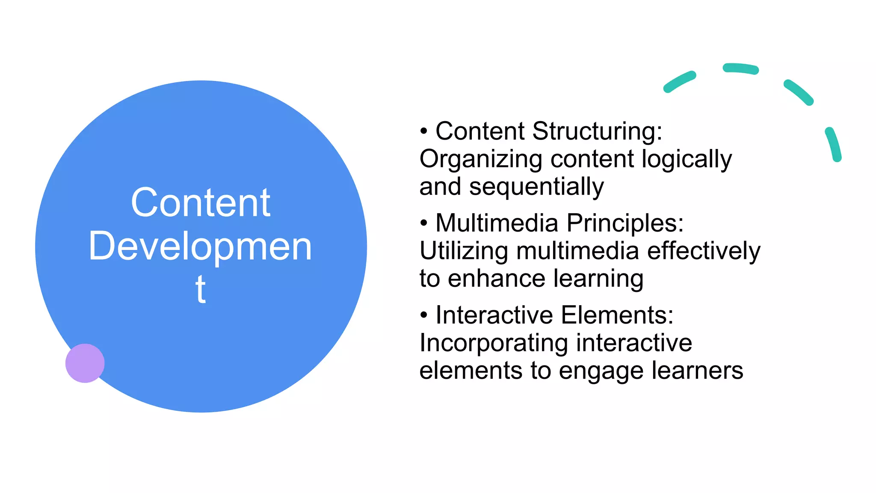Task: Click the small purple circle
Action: tap(85, 363)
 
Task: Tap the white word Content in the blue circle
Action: tap(201, 203)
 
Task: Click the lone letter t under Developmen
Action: tap(200, 289)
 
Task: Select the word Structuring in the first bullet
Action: tap(597, 131)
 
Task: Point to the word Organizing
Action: tap(481, 159)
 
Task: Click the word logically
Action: tap(687, 159)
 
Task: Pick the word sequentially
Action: tap(536, 187)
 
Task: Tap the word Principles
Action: tap(625, 223)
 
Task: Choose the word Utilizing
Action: tap(464, 251)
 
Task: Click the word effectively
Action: tap(704, 251)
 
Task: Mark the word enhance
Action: tap(497, 279)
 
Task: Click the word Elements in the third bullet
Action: tap(617, 315)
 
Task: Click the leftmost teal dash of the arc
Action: tap(679, 82)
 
